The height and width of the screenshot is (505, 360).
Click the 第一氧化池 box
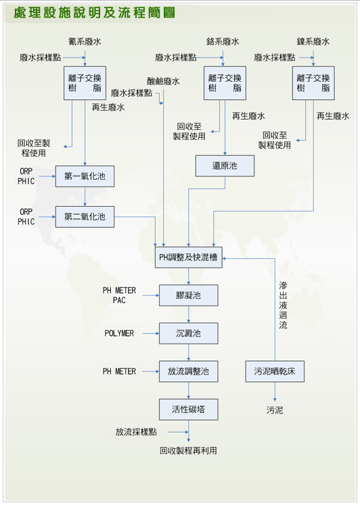pyautogui.click(x=85, y=176)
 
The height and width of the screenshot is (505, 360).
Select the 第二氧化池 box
pyautogui.click(x=85, y=217)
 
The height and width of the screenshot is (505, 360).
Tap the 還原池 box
pyautogui.click(x=225, y=166)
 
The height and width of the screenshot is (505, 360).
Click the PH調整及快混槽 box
pyautogui.click(x=189, y=258)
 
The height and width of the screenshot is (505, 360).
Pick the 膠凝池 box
pyautogui.click(x=189, y=295)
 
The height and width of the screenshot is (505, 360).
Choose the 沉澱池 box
pyautogui.click(x=189, y=333)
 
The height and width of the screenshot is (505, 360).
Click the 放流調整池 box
pyautogui.click(x=189, y=371)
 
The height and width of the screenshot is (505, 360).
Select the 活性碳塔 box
pyautogui.click(x=189, y=410)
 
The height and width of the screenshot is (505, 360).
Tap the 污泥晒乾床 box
pyautogui.click(x=275, y=371)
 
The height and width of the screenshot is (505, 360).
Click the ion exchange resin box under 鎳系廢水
pyautogui.click(x=313, y=83)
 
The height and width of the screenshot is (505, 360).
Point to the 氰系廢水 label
pyautogui.click(x=85, y=41)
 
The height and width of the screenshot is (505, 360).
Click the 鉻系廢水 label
pyautogui.click(x=223, y=41)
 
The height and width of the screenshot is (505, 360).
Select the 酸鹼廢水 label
pyautogui.click(x=163, y=81)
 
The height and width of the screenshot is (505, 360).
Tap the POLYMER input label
pyautogui.click(x=119, y=333)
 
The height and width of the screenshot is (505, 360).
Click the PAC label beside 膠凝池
pyautogui.click(x=119, y=300)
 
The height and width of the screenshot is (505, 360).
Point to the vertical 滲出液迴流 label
pyautogui.click(x=283, y=305)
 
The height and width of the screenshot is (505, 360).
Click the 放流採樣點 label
pyautogui.click(x=136, y=432)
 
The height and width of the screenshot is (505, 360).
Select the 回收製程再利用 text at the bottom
pyautogui.click(x=189, y=450)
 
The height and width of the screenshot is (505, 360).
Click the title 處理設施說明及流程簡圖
pyautogui.click(x=95, y=14)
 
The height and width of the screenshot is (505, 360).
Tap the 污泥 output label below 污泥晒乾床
pyautogui.click(x=275, y=410)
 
